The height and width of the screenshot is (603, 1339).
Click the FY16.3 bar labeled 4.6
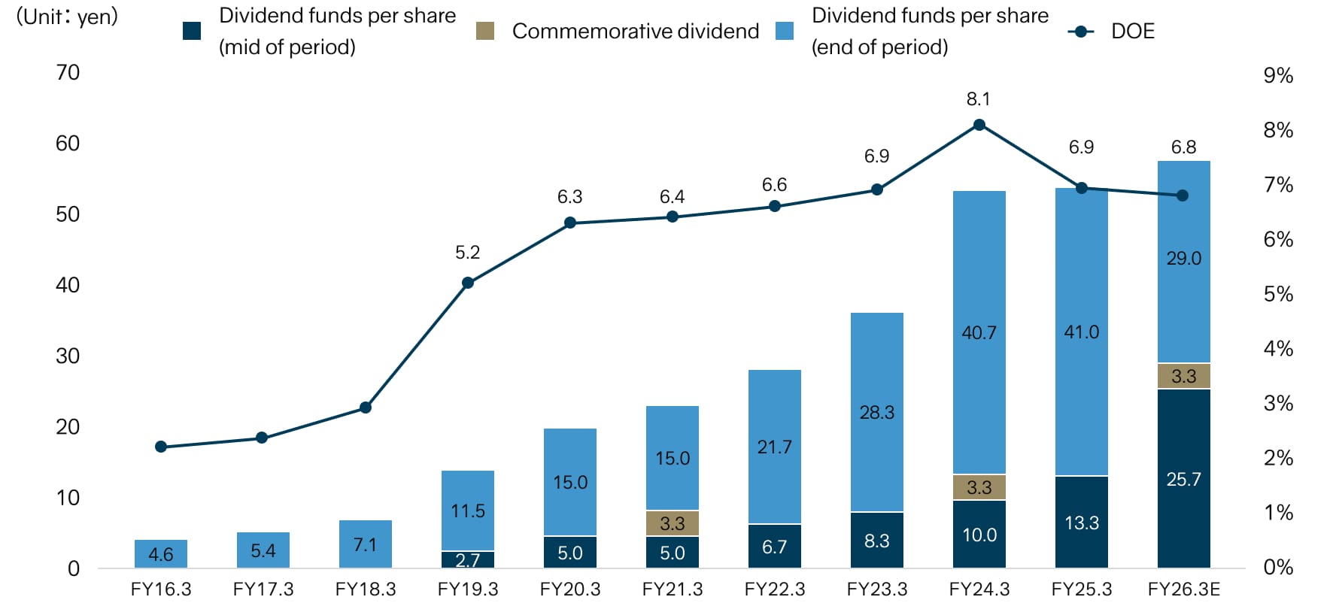(161, 554)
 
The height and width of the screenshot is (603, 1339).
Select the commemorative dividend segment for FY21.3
(673, 523)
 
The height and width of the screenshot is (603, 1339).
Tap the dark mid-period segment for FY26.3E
(1183, 479)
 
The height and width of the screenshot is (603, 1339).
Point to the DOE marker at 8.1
(979, 125)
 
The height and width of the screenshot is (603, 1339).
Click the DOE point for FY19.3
(468, 283)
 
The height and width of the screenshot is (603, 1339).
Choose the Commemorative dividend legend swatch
(485, 31)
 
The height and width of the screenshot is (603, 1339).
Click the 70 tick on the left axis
(68, 73)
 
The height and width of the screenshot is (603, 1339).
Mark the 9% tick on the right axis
(1278, 75)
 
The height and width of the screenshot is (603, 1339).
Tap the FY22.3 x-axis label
(775, 589)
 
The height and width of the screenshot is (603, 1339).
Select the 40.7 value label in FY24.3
(979, 332)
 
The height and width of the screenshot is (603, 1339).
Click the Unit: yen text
(68, 17)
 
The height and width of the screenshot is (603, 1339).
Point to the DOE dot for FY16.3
(161, 447)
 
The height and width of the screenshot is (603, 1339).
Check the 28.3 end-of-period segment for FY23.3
(877, 412)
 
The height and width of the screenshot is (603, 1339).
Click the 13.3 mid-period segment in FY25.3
(1082, 523)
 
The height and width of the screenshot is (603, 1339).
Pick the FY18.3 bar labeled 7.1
(366, 544)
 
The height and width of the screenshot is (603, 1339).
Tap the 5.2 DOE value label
(468, 253)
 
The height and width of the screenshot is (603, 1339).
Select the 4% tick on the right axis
(1278, 349)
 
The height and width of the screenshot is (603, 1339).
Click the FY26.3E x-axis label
(1183, 589)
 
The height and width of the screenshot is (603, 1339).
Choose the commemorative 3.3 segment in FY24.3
(979, 487)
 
